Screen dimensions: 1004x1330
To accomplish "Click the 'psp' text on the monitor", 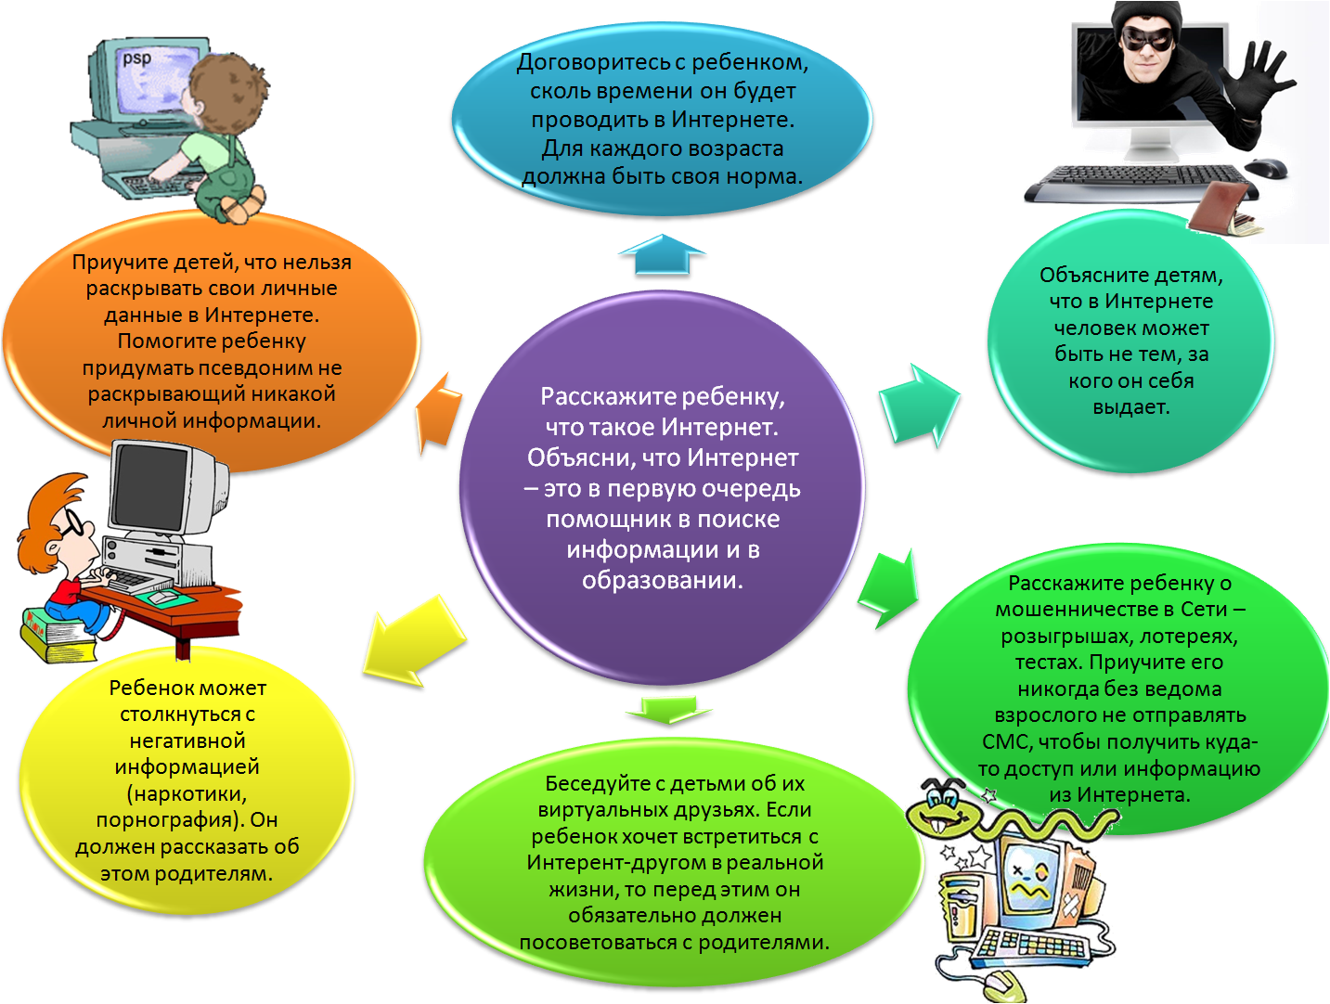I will point(137,58).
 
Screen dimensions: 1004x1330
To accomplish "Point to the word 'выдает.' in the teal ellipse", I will point(1130,406).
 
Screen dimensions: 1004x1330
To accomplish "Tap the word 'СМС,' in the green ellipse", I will point(1006,741).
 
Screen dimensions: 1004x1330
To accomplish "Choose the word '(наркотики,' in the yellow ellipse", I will point(187,793).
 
